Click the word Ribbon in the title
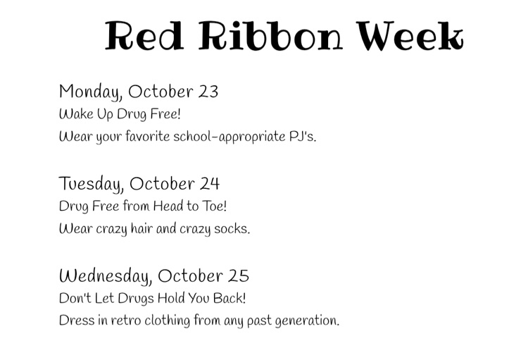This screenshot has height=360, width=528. (270, 35)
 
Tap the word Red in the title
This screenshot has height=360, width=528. (144, 35)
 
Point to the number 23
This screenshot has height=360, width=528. (208, 92)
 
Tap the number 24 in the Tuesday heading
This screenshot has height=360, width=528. (210, 184)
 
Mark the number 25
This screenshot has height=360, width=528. (239, 276)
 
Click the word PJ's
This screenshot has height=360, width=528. (303, 137)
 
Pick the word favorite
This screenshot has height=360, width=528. (148, 137)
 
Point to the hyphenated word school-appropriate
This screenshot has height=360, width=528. (230, 137)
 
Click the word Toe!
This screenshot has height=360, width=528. (214, 206)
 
